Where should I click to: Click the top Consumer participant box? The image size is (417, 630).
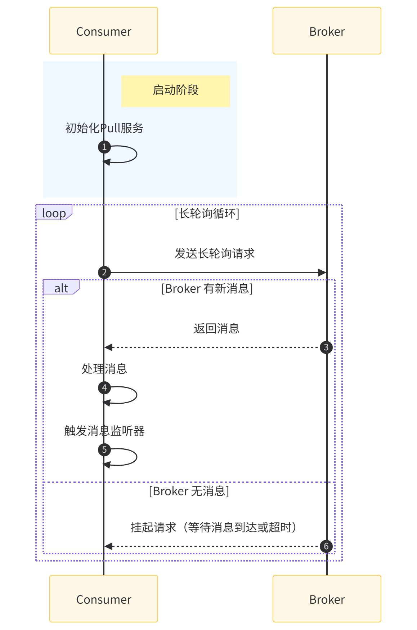(x=104, y=31)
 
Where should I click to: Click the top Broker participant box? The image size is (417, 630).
(x=327, y=31)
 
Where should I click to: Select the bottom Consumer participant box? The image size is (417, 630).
(x=104, y=599)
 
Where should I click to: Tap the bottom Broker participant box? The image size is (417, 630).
(x=327, y=599)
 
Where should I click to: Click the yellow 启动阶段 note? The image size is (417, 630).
(x=176, y=91)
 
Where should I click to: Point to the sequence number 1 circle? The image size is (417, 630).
(x=104, y=147)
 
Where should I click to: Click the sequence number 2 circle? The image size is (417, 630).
(x=104, y=272)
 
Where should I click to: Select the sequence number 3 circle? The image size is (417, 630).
(x=326, y=347)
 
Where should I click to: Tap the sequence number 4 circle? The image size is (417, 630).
(x=104, y=387)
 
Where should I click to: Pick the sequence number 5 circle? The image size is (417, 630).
(x=104, y=449)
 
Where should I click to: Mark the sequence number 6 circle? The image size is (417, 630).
(x=326, y=546)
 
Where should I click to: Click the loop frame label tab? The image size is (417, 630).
(x=54, y=213)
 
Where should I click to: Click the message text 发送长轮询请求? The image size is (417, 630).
(x=215, y=253)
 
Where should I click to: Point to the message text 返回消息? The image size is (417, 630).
(x=216, y=328)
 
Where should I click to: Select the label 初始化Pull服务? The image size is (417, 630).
(x=104, y=128)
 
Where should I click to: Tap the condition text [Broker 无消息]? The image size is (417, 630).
(x=189, y=491)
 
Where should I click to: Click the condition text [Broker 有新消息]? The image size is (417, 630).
(x=207, y=288)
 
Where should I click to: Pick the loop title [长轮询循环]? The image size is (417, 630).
(x=207, y=213)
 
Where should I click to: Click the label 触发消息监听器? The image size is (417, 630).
(x=104, y=431)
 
